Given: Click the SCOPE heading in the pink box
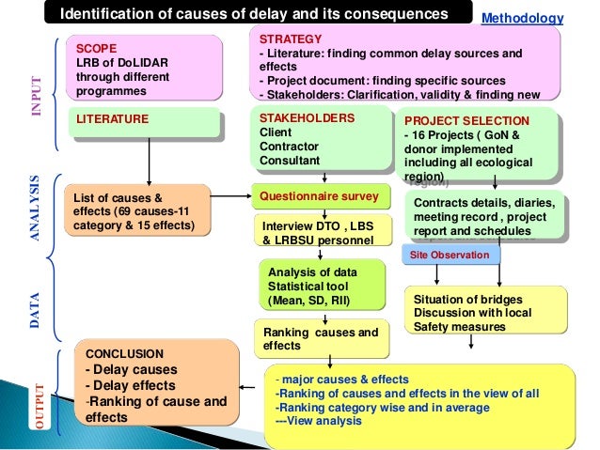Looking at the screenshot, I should click(x=96, y=48).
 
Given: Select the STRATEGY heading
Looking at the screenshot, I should click(x=290, y=39).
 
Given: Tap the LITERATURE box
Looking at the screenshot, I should click(x=112, y=119).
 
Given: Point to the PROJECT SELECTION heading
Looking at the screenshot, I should click(x=466, y=121).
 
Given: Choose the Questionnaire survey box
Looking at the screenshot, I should click(x=319, y=196).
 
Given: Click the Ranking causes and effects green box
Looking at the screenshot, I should click(x=320, y=338).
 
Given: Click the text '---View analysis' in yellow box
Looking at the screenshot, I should click(x=319, y=422).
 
